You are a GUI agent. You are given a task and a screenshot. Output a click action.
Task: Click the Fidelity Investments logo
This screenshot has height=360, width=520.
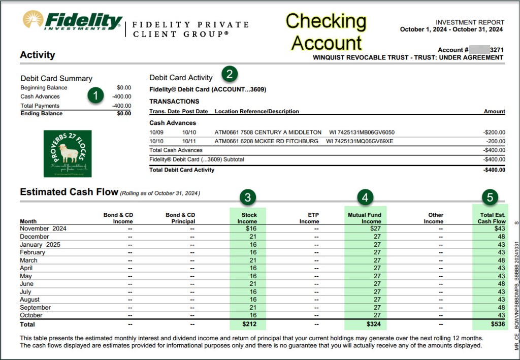click(x=72, y=21)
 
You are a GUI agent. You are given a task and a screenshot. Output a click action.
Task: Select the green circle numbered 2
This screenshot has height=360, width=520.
click(x=230, y=74)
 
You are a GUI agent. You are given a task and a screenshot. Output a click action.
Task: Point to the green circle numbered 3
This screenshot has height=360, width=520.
click(x=247, y=198)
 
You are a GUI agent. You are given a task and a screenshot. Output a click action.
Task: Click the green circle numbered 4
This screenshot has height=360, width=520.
click(x=365, y=198)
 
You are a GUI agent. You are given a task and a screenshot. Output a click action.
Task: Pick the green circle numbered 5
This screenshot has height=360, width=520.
click(x=490, y=198)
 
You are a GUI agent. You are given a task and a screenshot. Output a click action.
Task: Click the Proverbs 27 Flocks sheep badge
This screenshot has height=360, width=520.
click(x=68, y=153)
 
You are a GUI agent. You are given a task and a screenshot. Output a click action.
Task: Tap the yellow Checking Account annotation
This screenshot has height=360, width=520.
click(x=326, y=31)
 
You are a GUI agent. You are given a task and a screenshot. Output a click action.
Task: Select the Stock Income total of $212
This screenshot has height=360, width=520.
click(x=248, y=323)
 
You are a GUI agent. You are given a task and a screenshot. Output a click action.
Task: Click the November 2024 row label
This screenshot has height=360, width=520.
click(x=43, y=228)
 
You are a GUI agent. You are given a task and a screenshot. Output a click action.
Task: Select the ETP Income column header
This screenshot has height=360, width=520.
click(x=309, y=218)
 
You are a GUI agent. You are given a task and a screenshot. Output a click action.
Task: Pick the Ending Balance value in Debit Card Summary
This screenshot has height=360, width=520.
click(x=123, y=114)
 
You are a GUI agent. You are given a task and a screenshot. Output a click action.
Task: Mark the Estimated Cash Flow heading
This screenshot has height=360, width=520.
click(x=69, y=192)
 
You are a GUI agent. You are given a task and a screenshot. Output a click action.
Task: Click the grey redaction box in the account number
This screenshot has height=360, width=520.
click(x=479, y=50)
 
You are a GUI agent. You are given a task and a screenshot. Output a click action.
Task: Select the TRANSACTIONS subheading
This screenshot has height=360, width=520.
click(x=174, y=101)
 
